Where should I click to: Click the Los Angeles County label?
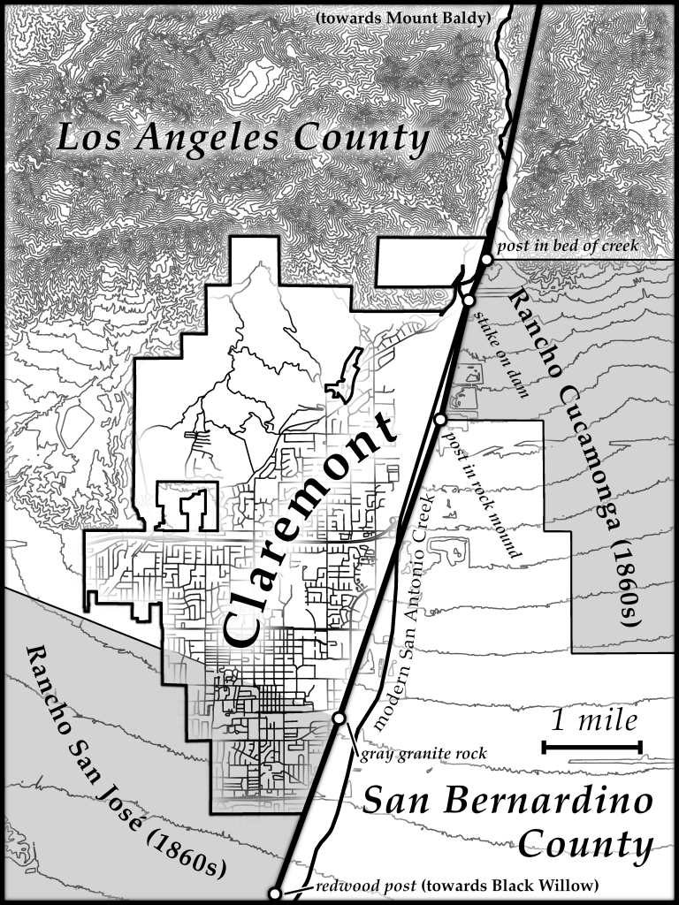(x=243, y=139)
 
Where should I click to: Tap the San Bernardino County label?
(x=508, y=823)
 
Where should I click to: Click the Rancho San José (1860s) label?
(x=123, y=761)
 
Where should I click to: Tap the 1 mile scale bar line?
(x=592, y=748)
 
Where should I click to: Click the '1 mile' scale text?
(x=594, y=720)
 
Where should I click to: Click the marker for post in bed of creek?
(x=486, y=259)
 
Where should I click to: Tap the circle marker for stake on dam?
(x=469, y=300)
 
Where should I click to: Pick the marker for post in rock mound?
(x=440, y=419)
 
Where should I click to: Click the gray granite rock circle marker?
(x=338, y=719)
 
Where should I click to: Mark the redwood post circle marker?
(x=275, y=894)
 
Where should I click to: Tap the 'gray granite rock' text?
(x=423, y=754)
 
